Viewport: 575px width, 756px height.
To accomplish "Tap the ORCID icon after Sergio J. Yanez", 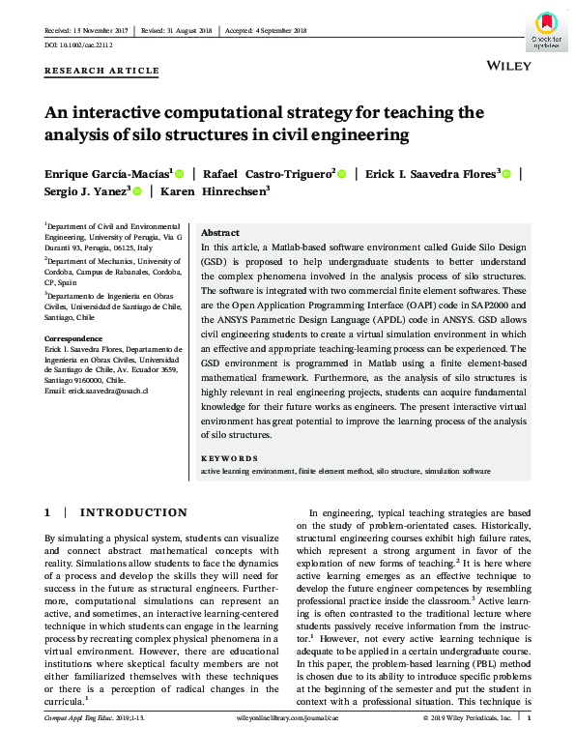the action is tap(136, 191).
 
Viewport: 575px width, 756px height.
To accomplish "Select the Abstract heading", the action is tap(220, 233).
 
